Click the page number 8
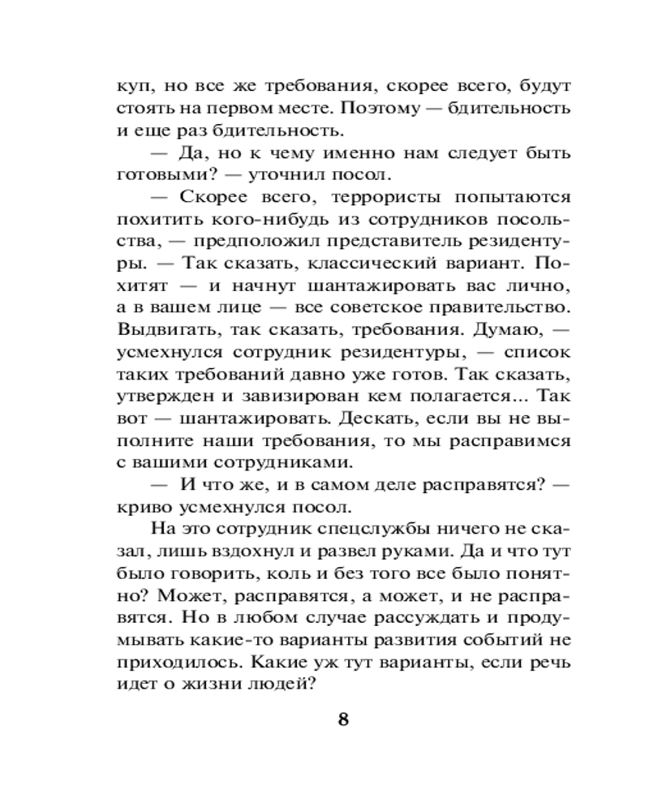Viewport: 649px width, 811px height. [x=342, y=720]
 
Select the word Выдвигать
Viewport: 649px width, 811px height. [x=157, y=331]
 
